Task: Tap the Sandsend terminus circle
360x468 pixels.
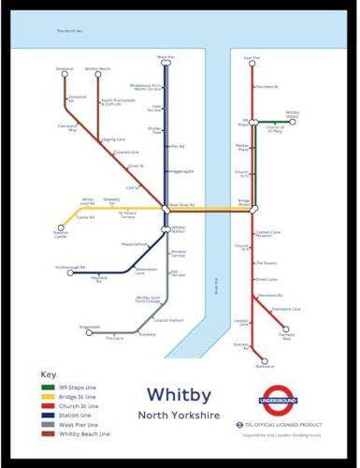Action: (x=65, y=74)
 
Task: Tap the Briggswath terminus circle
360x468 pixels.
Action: (x=93, y=329)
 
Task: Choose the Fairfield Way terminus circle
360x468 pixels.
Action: (x=285, y=329)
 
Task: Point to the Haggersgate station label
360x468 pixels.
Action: (x=181, y=171)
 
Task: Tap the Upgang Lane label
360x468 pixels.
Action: (x=114, y=139)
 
